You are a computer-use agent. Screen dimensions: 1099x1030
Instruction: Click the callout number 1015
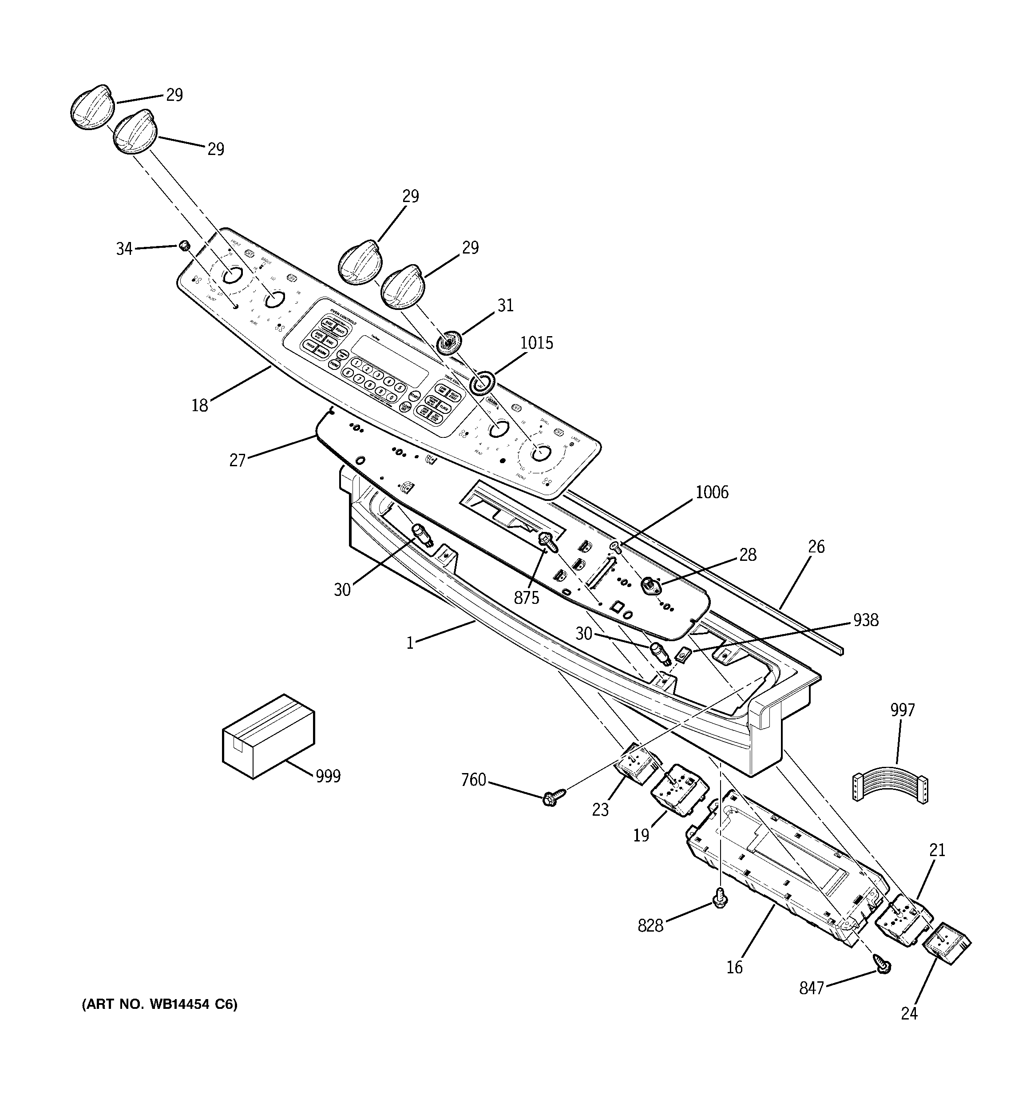[x=536, y=343]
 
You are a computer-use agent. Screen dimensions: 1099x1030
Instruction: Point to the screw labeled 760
[x=554, y=797]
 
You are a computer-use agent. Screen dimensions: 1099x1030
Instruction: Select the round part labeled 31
[x=448, y=343]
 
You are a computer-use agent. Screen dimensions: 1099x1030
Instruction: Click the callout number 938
[x=865, y=620]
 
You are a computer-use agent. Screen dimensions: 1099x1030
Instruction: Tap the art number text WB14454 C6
[x=160, y=1004]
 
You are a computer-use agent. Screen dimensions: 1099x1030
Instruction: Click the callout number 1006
[x=712, y=492]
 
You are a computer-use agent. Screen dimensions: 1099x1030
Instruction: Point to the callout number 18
[x=200, y=405]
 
